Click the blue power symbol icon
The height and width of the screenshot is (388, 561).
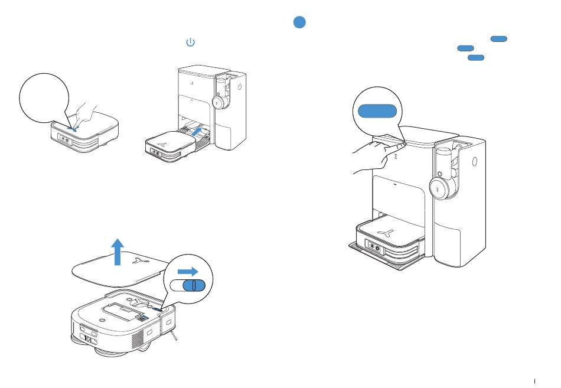coord(190,43)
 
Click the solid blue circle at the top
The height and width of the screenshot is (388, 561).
coord(299,22)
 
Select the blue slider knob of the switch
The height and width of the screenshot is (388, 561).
coord(193,285)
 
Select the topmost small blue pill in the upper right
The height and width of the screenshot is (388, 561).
coord(498,39)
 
